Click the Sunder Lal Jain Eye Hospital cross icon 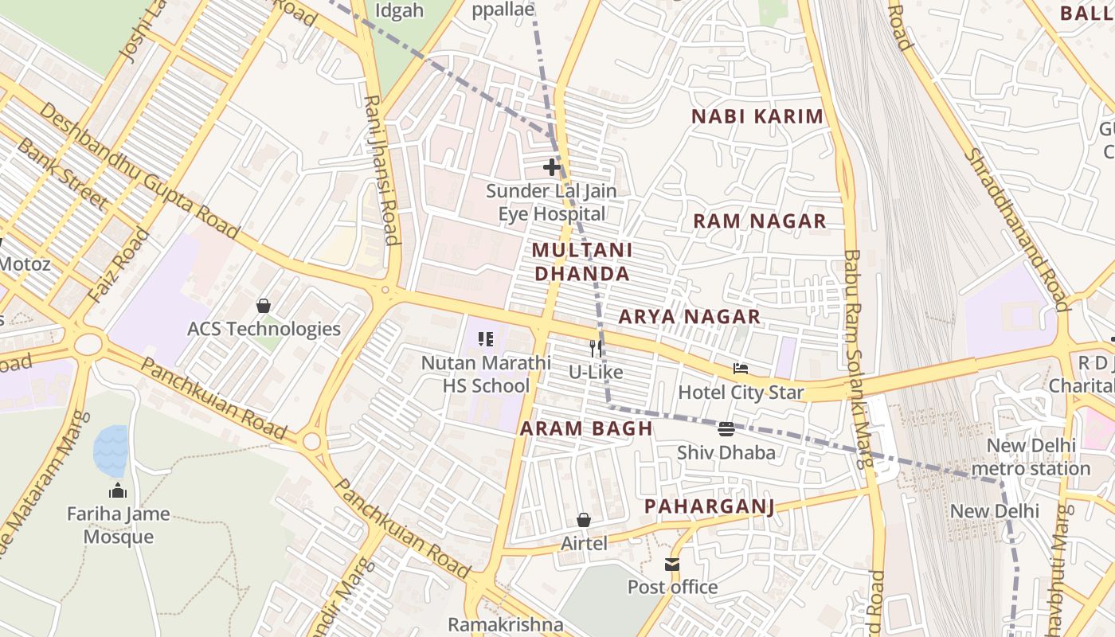[x=551, y=167]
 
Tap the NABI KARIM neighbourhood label [x=757, y=116]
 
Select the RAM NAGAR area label [x=759, y=221]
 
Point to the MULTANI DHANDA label [x=581, y=262]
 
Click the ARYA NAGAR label [x=690, y=317]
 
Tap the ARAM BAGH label [x=586, y=428]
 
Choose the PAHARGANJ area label [x=709, y=506]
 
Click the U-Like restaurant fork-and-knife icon [x=595, y=348]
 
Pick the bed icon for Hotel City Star [x=741, y=369]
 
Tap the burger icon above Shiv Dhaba [x=726, y=429]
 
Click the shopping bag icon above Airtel [x=584, y=520]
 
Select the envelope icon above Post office [x=672, y=565]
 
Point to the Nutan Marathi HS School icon [x=486, y=339]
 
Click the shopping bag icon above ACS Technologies [x=264, y=305]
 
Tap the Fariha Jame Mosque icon [x=118, y=490]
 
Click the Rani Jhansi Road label [x=381, y=170]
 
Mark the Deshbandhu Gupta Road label [x=139, y=170]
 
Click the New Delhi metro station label [x=1031, y=457]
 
